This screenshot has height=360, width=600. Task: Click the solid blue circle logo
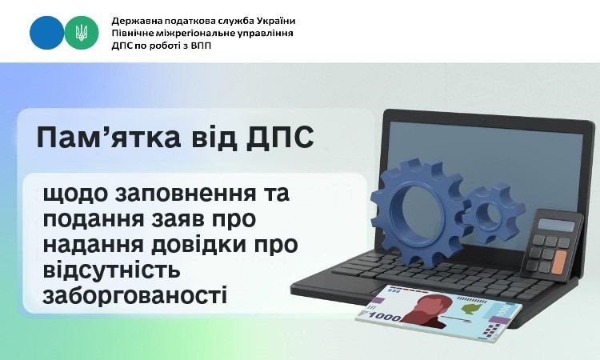click(46, 33)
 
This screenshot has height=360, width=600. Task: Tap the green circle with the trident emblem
click(82, 33)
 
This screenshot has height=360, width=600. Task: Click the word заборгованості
click(135, 295)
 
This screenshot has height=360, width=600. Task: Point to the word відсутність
click(111, 270)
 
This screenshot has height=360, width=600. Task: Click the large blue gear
click(420, 212)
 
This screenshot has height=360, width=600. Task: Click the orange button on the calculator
click(559, 262)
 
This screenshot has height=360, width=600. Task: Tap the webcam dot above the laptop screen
click(485, 122)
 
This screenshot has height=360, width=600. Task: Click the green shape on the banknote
click(471, 308)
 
